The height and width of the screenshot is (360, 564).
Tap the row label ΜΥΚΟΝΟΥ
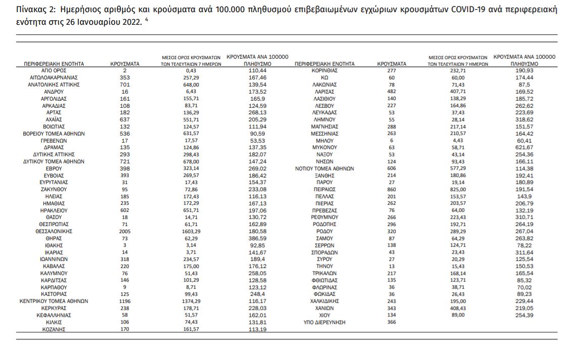tap(324, 147)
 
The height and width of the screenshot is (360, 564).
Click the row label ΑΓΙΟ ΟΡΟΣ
tap(54, 71)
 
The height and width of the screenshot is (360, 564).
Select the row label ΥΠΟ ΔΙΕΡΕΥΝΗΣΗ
tap(324, 322)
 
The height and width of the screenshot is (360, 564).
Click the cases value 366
tap(392, 322)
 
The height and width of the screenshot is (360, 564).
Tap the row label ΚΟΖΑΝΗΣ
tap(54, 329)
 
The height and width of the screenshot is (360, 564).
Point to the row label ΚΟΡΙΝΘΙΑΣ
tap(324, 71)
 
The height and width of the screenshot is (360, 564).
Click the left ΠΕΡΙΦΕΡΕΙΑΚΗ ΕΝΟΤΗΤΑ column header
tap(54, 64)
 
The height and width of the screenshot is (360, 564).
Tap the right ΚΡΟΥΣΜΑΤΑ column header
tap(392, 64)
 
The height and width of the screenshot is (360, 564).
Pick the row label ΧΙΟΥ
tap(324, 314)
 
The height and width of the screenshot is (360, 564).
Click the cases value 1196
tap(125, 300)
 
